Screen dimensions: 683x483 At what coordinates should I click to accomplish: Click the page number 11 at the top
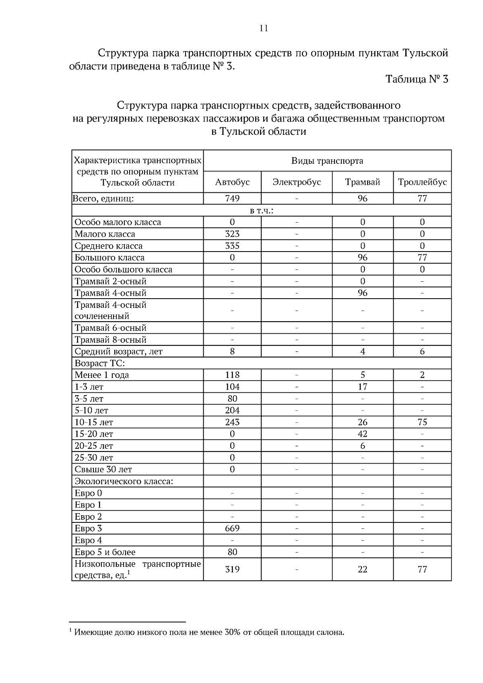264,28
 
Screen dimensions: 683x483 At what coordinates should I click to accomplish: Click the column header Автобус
232,182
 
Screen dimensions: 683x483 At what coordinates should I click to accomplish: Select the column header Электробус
297,182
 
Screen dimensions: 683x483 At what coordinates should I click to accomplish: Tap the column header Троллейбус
422,182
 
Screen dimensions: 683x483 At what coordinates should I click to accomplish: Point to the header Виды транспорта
327,161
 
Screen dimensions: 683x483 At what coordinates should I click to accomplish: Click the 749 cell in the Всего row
232,198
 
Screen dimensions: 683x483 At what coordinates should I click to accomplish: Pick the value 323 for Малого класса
232,234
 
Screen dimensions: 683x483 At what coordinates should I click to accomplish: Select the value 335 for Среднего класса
232,246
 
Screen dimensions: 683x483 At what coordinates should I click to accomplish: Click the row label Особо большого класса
124,270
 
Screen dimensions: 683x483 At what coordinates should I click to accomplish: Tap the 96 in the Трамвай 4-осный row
363,293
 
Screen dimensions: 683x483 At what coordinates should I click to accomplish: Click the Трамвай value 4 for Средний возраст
363,351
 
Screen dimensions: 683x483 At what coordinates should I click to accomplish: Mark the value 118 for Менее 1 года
232,375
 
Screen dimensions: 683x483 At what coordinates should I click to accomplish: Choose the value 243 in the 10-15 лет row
232,422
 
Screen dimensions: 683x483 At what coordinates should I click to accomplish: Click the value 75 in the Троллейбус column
422,422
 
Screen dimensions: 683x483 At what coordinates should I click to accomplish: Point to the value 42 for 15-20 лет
363,434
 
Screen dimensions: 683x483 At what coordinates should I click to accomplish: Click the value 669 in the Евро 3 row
232,528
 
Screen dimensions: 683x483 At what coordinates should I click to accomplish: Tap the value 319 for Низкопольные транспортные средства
232,569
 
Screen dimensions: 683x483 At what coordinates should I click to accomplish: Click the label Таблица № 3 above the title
417,79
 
